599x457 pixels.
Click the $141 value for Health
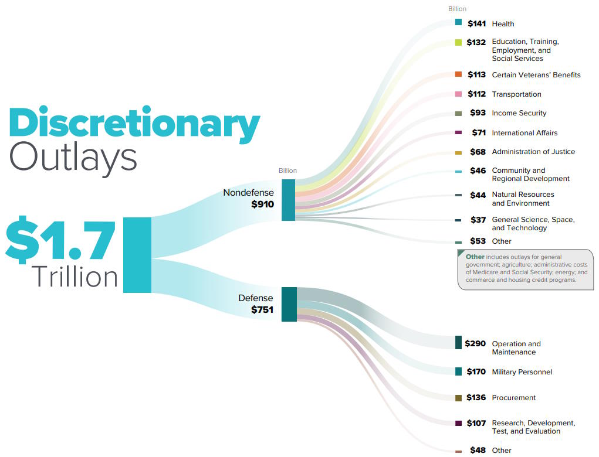(476, 23)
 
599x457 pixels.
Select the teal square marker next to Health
(458, 22)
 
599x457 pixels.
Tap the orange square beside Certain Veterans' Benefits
(458, 74)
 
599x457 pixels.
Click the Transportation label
(516, 94)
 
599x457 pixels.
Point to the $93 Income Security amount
(478, 113)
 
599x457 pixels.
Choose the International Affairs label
(524, 133)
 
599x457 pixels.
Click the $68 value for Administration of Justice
(478, 152)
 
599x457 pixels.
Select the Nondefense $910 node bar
(288, 200)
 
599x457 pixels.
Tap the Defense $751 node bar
(289, 304)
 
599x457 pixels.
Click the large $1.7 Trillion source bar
(137, 254)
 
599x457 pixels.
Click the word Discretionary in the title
(134, 124)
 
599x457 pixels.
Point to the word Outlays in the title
(73, 157)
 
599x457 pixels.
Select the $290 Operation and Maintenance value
(475, 343)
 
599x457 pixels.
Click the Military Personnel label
(522, 372)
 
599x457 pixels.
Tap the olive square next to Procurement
(458, 398)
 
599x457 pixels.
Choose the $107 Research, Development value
(476, 423)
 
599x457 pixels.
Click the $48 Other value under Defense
(478, 451)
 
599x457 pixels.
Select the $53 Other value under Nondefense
(478, 241)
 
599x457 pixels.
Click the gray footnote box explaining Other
(525, 269)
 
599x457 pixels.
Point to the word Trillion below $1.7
(75, 277)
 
